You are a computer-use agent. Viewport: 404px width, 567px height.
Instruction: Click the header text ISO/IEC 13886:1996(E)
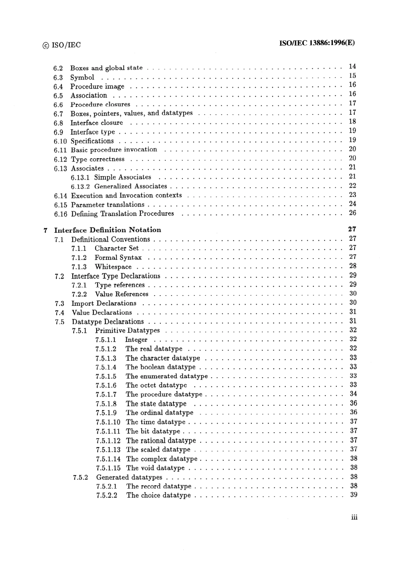pos(316,43)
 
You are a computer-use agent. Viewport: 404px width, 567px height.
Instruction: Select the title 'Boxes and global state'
pos(106,68)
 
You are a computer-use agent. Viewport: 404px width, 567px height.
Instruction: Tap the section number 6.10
pos(60,141)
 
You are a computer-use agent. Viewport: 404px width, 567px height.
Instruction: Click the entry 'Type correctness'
pos(98,160)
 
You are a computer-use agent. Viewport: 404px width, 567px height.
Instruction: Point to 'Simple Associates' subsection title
pos(122,177)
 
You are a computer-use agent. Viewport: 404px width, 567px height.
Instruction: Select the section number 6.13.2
pos(80,187)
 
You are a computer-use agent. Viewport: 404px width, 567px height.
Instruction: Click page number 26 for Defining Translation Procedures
pos(352,213)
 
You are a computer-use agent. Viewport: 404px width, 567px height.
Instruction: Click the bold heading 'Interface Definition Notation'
pos(108,230)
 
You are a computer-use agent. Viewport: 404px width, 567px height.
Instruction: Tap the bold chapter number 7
pos(45,230)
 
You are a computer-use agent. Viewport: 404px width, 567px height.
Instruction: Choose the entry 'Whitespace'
pos(113,267)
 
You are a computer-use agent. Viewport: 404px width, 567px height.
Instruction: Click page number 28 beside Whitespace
pos(353,266)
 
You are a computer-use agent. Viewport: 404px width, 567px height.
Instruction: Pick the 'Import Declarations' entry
pos(104,304)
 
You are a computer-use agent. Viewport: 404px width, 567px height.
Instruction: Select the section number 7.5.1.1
pos(105,340)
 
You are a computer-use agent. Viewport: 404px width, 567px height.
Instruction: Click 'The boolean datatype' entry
pos(160,367)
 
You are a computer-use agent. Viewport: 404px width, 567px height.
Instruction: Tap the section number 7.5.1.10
pos(108,422)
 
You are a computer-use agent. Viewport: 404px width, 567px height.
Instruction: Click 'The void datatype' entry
pos(155,468)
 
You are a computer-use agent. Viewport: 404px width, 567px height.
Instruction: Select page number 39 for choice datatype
pos(353,495)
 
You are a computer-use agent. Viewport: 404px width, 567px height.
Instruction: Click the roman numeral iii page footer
pos(354,517)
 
